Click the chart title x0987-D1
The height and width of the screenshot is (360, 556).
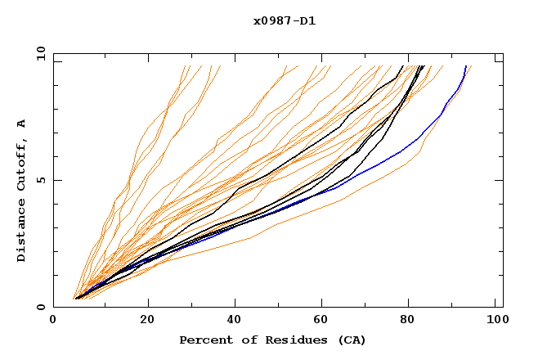click(285, 20)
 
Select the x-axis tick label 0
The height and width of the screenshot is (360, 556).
click(53, 321)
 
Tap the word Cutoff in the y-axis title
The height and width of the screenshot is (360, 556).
click(22, 164)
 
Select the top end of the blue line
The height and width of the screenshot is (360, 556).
click(466, 66)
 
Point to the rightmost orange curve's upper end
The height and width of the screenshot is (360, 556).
click(472, 66)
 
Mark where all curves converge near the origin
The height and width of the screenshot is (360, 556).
click(75, 298)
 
